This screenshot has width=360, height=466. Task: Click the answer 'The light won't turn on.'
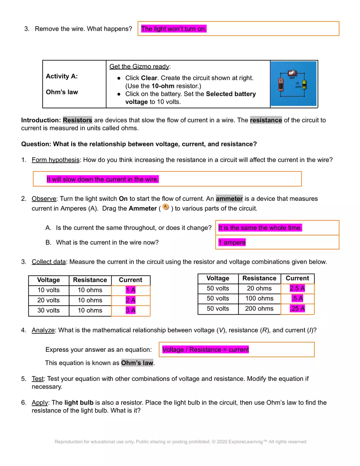point(174,29)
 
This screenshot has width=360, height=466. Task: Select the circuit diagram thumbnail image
point(294,84)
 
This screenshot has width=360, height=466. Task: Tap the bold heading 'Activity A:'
point(62,76)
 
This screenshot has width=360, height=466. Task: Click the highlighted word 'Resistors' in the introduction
point(77,120)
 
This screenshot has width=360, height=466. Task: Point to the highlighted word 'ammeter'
point(229,198)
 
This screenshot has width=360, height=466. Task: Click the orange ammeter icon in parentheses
point(165,207)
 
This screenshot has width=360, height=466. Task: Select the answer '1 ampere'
point(232,242)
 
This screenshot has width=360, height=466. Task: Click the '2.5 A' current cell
point(297,288)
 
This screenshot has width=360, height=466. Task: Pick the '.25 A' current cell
point(297,309)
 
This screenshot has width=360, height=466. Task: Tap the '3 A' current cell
point(130,311)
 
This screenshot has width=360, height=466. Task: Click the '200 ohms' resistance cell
point(259,309)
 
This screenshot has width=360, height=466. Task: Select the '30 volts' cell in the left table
point(48,311)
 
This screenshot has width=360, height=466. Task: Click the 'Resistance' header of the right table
point(259,278)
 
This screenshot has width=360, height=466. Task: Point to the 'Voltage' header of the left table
point(48,280)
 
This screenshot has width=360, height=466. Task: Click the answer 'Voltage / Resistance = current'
point(205,349)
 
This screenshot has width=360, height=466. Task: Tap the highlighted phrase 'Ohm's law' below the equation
point(137,363)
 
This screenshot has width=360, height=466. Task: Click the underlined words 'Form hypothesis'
point(56,160)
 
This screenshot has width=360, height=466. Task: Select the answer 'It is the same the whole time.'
point(260,227)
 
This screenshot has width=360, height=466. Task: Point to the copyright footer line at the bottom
point(180,441)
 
